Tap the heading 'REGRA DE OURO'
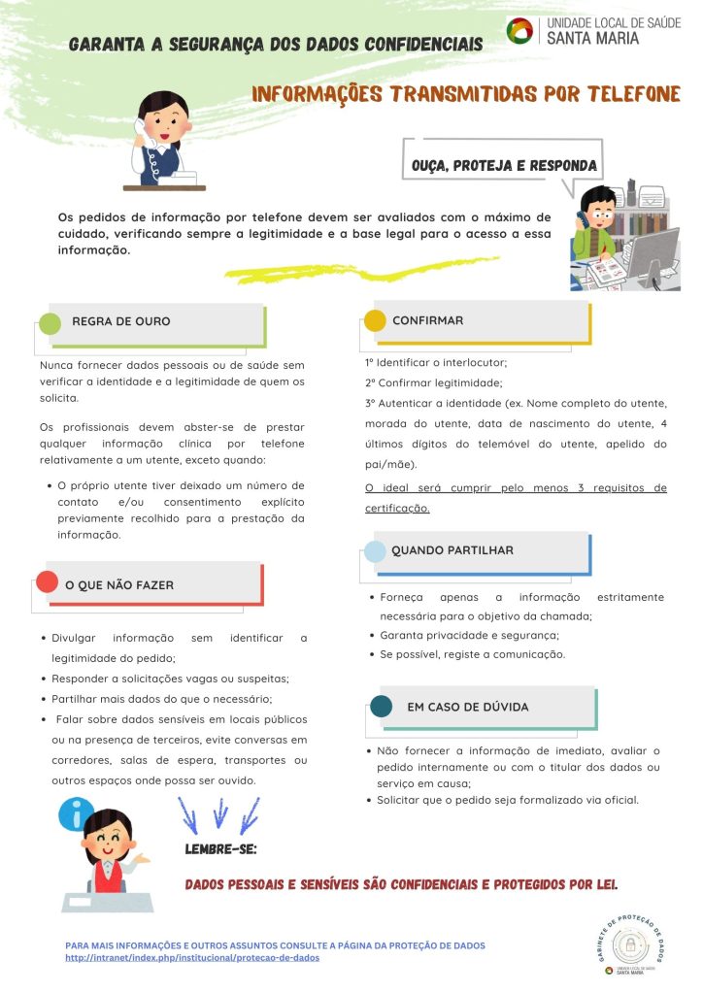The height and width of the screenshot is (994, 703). [121, 320]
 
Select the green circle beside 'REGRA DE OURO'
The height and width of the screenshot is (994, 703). [50, 324]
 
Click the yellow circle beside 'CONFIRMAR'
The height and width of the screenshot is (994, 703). [374, 320]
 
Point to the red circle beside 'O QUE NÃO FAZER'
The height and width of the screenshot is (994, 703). [46, 582]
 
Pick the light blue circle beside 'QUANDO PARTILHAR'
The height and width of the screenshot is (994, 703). [374, 551]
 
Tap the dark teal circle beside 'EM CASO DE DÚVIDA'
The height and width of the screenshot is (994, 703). [382, 706]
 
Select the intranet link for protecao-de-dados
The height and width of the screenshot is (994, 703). [192, 957]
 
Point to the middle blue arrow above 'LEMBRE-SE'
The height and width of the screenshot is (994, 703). [220, 812]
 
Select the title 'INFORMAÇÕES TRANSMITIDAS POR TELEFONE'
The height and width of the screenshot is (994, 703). [465, 94]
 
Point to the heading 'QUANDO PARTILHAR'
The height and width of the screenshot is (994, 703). [452, 550]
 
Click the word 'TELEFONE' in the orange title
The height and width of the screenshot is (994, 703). [628, 94]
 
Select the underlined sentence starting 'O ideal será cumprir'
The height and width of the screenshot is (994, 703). [516, 497]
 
